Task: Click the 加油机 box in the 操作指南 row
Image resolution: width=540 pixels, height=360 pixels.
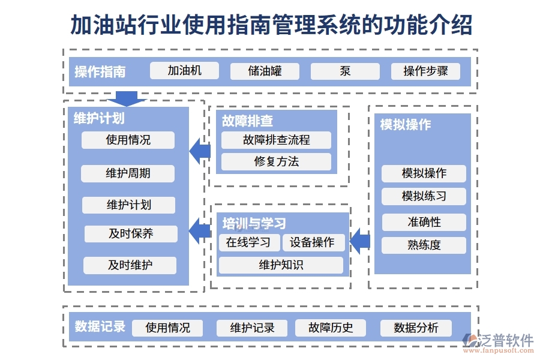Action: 184,71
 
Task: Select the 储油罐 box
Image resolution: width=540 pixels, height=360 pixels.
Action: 265,71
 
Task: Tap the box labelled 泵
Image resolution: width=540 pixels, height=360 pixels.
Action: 345,71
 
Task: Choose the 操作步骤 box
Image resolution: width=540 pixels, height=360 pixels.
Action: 425,71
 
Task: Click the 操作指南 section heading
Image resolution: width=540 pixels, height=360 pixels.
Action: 100,72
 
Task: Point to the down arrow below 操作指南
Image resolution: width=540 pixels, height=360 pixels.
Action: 127,98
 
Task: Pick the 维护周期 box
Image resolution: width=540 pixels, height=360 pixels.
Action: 128,173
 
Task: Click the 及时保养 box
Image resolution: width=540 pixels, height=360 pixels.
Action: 131,233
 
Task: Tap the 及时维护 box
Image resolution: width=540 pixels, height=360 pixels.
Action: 130,265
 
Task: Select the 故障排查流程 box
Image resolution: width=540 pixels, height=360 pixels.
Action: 276,140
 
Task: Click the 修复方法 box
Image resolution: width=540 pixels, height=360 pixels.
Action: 276,161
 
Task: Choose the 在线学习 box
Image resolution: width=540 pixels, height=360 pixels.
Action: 249,242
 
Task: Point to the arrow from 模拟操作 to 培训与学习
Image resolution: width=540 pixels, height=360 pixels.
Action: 359,241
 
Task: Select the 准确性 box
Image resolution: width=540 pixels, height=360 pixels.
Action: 424,222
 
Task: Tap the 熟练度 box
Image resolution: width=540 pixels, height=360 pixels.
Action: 424,245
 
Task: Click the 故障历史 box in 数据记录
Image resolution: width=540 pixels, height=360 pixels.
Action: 331,328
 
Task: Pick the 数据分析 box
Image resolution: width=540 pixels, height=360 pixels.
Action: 416,328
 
